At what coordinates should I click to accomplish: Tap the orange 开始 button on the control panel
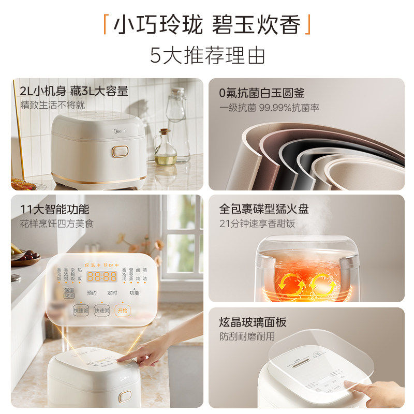click(122, 310)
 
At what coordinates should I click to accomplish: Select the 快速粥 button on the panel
click(102, 310)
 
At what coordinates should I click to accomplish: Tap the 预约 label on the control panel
click(92, 293)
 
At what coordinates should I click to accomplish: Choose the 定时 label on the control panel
click(112, 293)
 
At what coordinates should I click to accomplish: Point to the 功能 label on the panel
click(134, 293)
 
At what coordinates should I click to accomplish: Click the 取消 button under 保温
click(69, 295)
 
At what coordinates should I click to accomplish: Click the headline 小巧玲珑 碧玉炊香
click(207, 25)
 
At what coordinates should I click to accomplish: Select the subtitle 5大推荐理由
click(207, 55)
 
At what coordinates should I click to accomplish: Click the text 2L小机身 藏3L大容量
click(73, 92)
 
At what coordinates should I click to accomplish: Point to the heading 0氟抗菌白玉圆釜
click(262, 93)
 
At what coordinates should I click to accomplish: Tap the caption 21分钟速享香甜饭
click(257, 223)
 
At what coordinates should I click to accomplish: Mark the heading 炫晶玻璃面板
click(253, 322)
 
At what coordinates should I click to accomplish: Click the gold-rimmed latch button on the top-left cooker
click(120, 151)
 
